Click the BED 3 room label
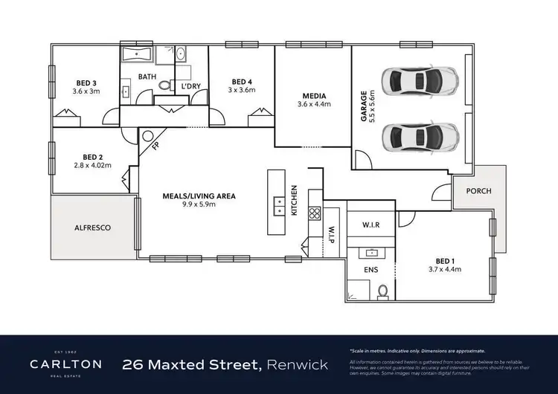pyautogui.click(x=87, y=83)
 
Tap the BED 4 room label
pyautogui.click(x=242, y=82)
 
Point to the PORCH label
pyautogui.click(x=478, y=191)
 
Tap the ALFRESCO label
pyautogui.click(x=92, y=228)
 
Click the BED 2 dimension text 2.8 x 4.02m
pyautogui.click(x=92, y=166)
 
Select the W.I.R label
pyautogui.click(x=371, y=225)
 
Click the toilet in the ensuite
pyautogui.click(x=383, y=291)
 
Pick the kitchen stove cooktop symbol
pyautogui.click(x=315, y=213)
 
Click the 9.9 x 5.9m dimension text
pyautogui.click(x=199, y=206)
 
